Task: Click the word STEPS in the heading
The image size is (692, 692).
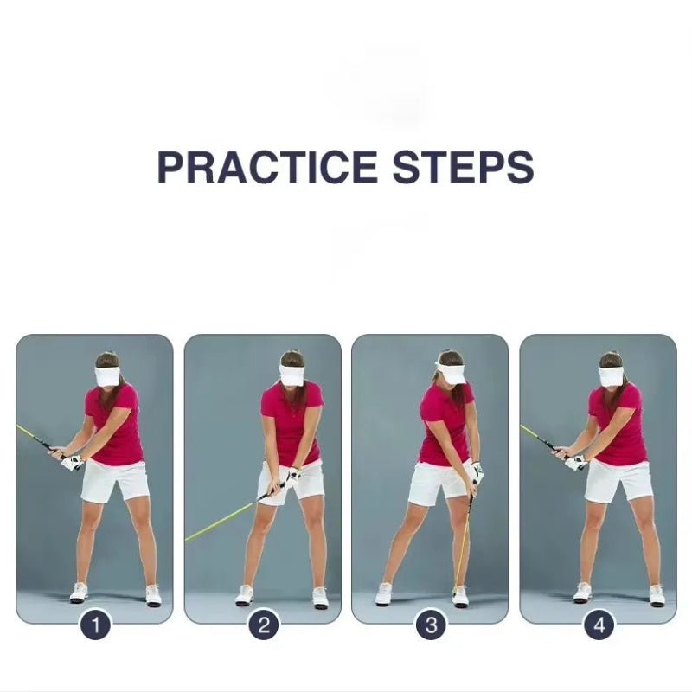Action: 463,167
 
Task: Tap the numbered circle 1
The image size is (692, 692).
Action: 95,625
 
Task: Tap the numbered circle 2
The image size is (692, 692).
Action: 263,625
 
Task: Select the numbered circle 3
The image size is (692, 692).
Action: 431,625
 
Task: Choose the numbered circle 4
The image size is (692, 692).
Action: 599,625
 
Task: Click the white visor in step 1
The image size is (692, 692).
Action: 108,376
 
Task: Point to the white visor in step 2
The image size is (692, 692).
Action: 292,375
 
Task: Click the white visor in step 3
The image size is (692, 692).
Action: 451,373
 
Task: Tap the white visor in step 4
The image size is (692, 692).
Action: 612,376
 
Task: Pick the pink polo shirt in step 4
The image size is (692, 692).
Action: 619,424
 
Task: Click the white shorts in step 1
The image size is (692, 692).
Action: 116,480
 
